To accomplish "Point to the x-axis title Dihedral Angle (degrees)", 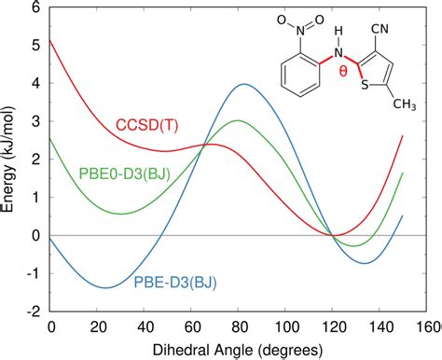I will coord(238,349).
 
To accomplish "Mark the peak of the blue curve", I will coord(244,84).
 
